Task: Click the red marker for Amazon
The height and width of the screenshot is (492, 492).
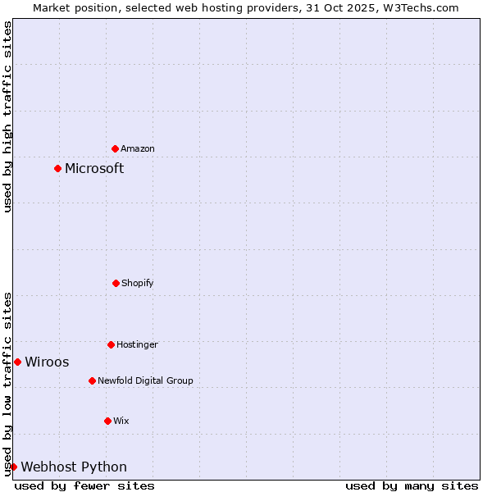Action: coord(116,148)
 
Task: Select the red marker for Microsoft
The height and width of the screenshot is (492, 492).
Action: coord(57,168)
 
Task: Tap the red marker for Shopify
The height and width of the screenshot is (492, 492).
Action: coord(116,283)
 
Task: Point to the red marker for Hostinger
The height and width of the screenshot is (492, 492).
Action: coord(111,344)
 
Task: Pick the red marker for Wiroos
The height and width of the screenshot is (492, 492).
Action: coord(17,362)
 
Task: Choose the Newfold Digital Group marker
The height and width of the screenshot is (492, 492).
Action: coord(92,380)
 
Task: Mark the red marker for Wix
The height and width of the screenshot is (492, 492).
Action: coord(107,421)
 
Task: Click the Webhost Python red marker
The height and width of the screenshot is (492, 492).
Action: coord(13,467)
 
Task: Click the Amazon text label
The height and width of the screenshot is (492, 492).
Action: coord(138,148)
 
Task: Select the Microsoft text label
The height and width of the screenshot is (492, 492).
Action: coord(94,168)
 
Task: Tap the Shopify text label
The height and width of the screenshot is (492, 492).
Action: coord(138,283)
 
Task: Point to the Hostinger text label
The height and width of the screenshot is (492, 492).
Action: coord(137,344)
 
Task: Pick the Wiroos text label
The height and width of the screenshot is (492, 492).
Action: coord(47,362)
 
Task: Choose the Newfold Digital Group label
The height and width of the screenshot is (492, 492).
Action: coord(145,380)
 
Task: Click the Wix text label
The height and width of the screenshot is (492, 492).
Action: coord(121,421)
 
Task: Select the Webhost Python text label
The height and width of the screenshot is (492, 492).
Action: coord(74,467)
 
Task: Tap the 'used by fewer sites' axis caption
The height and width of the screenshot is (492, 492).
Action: coord(84,485)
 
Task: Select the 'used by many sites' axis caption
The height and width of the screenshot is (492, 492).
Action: coord(412,485)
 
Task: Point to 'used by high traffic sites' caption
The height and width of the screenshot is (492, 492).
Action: coord(7,116)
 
